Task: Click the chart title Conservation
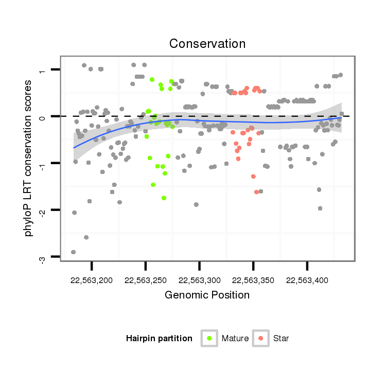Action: tap(207, 44)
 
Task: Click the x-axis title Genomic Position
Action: tap(207, 295)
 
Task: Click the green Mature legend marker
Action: tap(209, 338)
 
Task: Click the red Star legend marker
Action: tap(261, 338)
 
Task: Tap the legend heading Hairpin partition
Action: tap(159, 338)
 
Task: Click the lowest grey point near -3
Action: tap(73, 252)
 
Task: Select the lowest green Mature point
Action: tap(164, 198)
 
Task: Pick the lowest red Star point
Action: tap(256, 192)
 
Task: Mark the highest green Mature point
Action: tap(152, 80)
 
